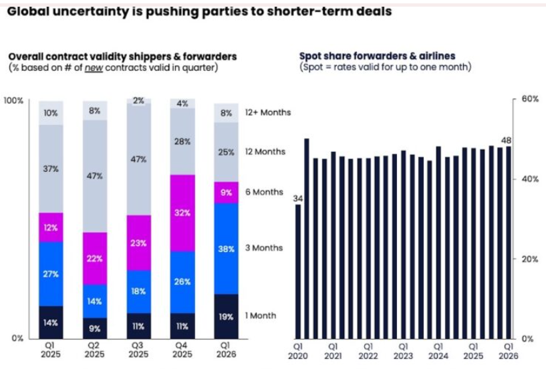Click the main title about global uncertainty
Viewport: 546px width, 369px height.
point(198,11)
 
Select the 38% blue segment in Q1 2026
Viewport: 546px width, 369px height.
point(227,249)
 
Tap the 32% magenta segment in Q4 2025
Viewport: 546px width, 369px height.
point(182,213)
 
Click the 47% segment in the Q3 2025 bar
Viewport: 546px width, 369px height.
point(138,160)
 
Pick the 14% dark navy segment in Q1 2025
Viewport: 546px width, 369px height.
point(50,322)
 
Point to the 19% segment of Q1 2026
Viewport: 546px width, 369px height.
point(227,316)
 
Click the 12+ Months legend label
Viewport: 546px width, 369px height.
point(267,112)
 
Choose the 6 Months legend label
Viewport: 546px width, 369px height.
point(264,192)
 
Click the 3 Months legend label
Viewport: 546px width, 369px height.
point(264,248)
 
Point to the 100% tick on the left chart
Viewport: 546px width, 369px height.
point(14,100)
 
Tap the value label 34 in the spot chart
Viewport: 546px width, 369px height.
point(298,198)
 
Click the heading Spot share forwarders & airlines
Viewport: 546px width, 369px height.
point(377,56)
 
